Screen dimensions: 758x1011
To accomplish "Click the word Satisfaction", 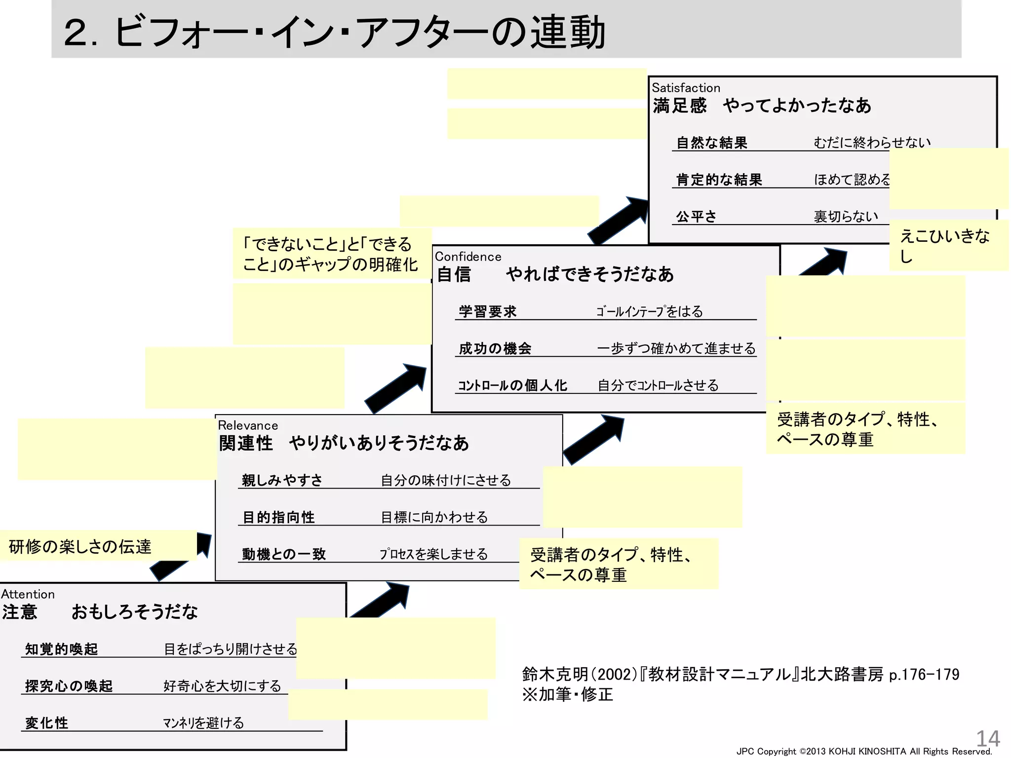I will pyautogui.click(x=686, y=88).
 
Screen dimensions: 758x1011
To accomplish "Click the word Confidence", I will pyautogui.click(x=467, y=257).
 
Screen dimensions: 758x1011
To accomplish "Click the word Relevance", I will pyautogui.click(x=248, y=425).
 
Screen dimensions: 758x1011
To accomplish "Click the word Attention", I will pyautogui.click(x=28, y=594).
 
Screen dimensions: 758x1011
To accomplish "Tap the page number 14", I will pyautogui.click(x=988, y=738).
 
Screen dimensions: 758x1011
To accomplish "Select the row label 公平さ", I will pyautogui.click(x=696, y=216).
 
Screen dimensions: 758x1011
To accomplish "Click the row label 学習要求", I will pyautogui.click(x=487, y=311).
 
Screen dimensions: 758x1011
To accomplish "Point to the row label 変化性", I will pyautogui.click(x=46, y=723).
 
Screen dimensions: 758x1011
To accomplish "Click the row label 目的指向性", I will pyautogui.click(x=278, y=517).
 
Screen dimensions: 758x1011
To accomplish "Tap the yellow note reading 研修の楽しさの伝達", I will pyautogui.click(x=80, y=546).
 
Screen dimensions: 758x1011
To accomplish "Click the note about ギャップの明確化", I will pyautogui.click(x=330, y=254).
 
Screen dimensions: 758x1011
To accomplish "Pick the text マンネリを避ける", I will pyautogui.click(x=203, y=723).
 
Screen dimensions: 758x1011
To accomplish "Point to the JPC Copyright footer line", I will pyautogui.click(x=864, y=752).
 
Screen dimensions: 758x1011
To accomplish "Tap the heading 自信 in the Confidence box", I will pyautogui.click(x=454, y=274).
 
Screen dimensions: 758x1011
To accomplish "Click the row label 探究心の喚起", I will pyautogui.click(x=69, y=686).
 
